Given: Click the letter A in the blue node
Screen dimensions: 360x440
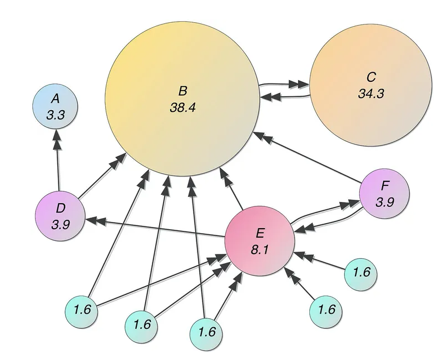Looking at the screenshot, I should [x=55, y=98].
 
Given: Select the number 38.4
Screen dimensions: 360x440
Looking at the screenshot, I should [x=183, y=107].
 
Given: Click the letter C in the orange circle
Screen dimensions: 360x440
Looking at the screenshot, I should [x=371, y=77].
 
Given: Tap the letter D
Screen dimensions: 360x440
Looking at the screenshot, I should [x=60, y=208].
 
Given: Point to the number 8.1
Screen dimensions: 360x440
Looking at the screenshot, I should [x=259, y=250].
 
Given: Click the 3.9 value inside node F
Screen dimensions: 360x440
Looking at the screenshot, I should [x=385, y=203].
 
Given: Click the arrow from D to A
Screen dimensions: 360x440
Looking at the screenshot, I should [x=57, y=161].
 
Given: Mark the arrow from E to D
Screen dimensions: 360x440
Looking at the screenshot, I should [x=156, y=229].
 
